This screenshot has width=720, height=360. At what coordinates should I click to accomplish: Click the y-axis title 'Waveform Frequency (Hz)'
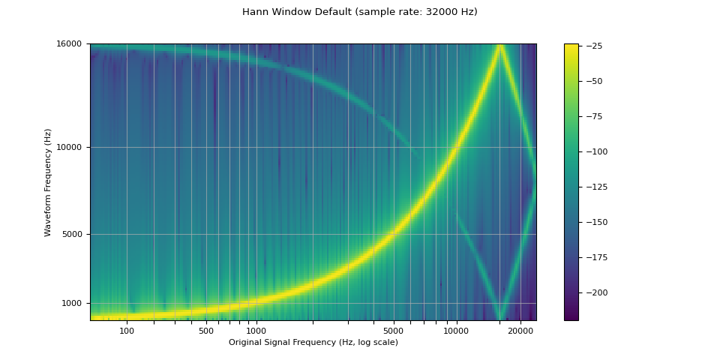tap(48, 182)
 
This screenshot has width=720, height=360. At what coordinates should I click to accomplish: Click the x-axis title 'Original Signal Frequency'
tap(313, 343)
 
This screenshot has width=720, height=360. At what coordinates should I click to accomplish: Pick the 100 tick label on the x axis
tap(127, 331)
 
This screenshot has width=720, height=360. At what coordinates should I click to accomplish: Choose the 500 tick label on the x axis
tap(206, 331)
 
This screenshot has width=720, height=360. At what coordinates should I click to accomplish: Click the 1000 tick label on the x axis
tap(256, 331)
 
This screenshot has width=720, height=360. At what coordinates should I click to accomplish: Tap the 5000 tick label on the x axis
tap(394, 331)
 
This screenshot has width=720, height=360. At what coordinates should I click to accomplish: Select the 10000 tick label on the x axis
tap(457, 331)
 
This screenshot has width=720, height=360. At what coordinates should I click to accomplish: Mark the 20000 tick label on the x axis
tap(520, 331)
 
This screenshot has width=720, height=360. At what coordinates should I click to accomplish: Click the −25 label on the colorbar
tap(592, 46)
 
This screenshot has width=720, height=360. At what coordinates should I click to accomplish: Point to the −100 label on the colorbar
tap(595, 151)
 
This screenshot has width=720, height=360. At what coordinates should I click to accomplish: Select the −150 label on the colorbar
tap(595, 222)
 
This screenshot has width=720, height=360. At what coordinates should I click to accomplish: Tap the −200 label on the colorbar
tap(595, 292)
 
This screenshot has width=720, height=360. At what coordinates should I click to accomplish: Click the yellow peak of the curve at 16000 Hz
tap(499, 46)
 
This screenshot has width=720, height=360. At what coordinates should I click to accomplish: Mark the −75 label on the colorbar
tap(592, 116)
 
